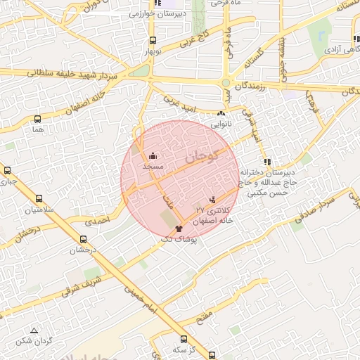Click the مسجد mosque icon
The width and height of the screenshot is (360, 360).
153,155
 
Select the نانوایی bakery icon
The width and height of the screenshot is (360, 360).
221,113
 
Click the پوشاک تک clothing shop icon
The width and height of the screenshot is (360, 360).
178,229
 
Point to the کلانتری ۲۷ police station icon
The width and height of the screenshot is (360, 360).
214,200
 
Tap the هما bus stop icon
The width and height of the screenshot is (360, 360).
38,119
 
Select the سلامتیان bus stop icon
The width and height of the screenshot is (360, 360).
39,199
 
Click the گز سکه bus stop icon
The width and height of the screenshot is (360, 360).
184,339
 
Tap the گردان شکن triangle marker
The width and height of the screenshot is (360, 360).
34,330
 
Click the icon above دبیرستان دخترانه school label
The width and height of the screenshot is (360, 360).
266,162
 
